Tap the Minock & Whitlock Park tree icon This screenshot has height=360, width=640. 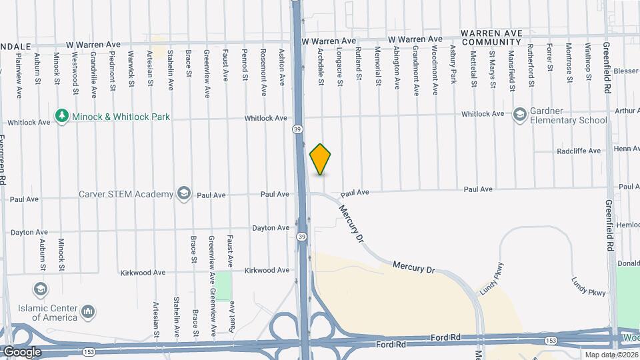pyautogui.click(x=63, y=117)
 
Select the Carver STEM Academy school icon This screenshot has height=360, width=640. pyautogui.click(x=183, y=194)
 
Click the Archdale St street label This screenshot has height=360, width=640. pyautogui.click(x=321, y=66)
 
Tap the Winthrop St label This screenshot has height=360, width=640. pyautogui.click(x=589, y=63)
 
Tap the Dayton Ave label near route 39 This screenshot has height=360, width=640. pyautogui.click(x=270, y=228)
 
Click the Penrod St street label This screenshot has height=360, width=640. pyautogui.click(x=245, y=66)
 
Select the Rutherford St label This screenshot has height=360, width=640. pyautogui.click(x=531, y=66)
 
